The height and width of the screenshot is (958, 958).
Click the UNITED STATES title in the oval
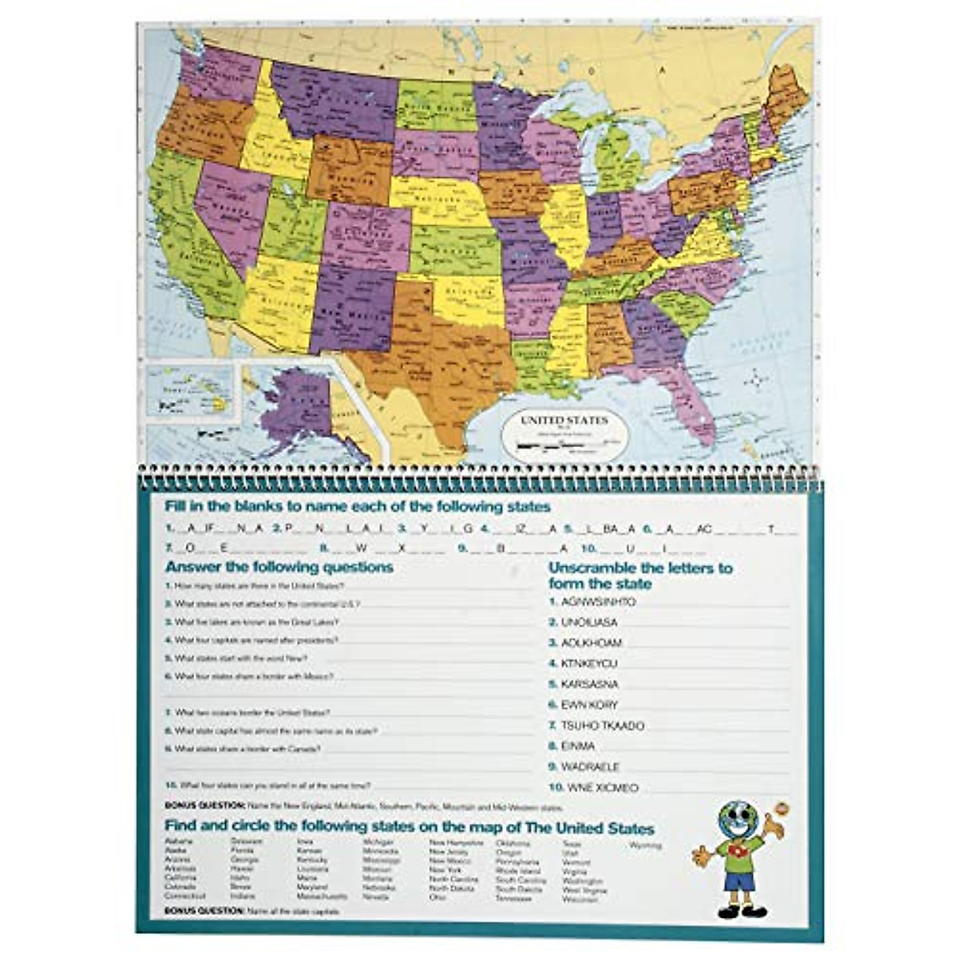tap(564, 421)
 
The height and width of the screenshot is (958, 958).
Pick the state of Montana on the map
tap(335, 100)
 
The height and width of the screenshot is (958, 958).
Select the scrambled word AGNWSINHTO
tap(599, 602)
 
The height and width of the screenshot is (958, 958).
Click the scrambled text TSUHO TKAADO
tap(603, 726)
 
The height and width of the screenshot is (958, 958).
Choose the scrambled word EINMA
tap(578, 746)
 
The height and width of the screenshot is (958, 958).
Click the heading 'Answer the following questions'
tap(279, 567)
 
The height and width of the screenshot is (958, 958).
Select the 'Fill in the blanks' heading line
tap(357, 507)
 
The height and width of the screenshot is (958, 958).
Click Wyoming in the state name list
tap(645, 845)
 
